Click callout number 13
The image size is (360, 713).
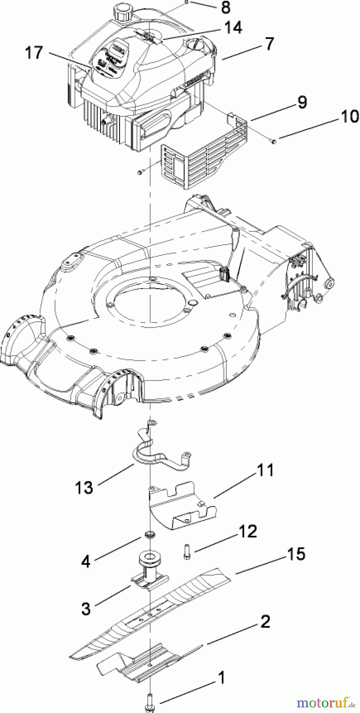pos(84,488)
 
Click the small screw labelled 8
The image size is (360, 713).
pos(186,2)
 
